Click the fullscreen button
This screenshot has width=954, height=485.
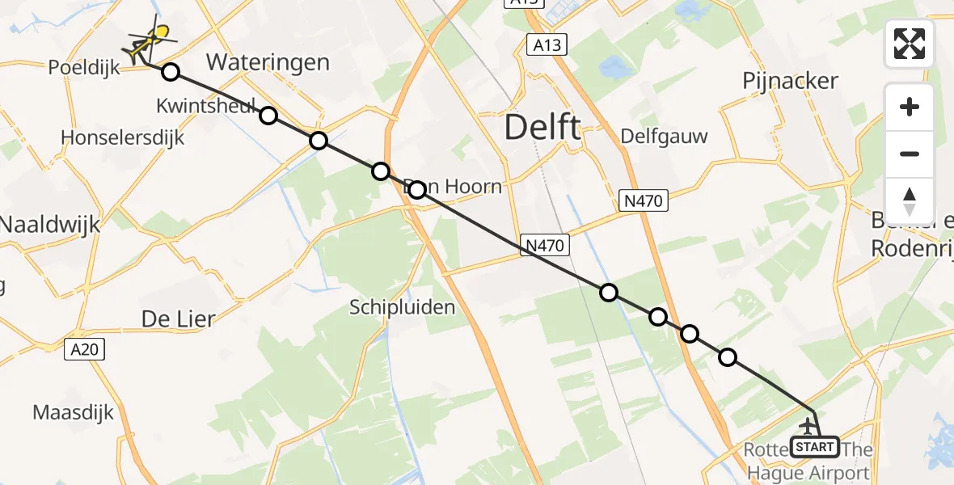pyautogui.click(x=910, y=44)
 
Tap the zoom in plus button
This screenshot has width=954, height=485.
pyautogui.click(x=910, y=107)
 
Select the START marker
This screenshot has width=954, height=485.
pyautogui.click(x=815, y=446)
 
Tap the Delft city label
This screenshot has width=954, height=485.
pyautogui.click(x=542, y=128)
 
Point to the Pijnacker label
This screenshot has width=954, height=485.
pyautogui.click(x=790, y=81)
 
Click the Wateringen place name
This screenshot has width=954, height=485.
pyautogui.click(x=268, y=62)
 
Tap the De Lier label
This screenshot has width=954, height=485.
pyautogui.click(x=179, y=318)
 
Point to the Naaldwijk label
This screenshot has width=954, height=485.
pyautogui.click(x=50, y=224)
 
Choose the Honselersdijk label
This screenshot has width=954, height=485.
pyautogui.click(x=123, y=137)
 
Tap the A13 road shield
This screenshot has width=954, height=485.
pyautogui.click(x=547, y=45)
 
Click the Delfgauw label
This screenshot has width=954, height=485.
pyautogui.click(x=664, y=136)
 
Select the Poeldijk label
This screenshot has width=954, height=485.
pyautogui.click(x=83, y=67)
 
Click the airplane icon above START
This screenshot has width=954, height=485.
pyautogui.click(x=808, y=426)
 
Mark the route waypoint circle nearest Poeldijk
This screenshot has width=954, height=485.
pyautogui.click(x=170, y=73)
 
